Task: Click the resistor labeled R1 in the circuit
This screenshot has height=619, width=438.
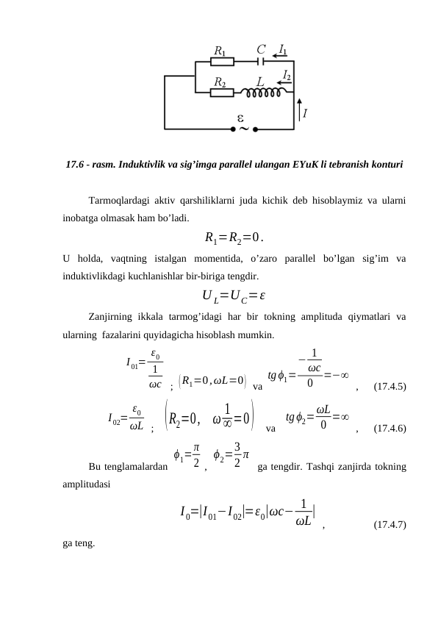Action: coord(222,62)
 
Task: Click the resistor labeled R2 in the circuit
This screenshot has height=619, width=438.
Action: coord(222,93)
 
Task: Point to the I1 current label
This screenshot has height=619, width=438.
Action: coord(283,49)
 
